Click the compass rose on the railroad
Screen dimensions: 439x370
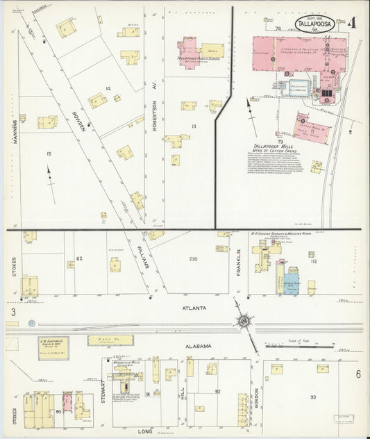pos(244,321)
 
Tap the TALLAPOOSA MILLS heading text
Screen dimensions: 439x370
pos(269,146)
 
